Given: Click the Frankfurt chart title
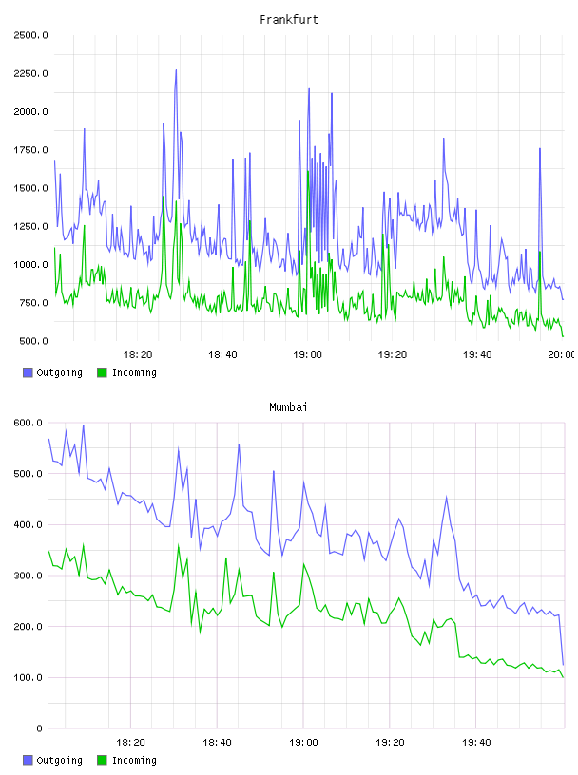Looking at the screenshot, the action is pyautogui.click(x=289, y=20).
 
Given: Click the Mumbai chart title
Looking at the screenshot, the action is pyautogui.click(x=288, y=407).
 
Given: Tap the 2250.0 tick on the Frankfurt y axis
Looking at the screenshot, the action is pyautogui.click(x=30, y=74).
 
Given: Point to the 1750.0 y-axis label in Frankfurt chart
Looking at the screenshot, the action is pyautogui.click(x=30, y=150).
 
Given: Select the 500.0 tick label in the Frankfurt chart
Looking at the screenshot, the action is pyautogui.click(x=33, y=341).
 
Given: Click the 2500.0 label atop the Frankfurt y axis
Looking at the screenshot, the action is pyautogui.click(x=30, y=35).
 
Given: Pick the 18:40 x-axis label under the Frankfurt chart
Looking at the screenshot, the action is pyautogui.click(x=222, y=355).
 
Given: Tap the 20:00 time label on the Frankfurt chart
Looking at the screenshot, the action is pyautogui.click(x=562, y=355).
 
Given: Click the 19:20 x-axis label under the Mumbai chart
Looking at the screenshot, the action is pyautogui.click(x=390, y=743).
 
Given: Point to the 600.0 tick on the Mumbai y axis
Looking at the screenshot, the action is pyautogui.click(x=29, y=423).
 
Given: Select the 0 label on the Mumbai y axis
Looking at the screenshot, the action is pyautogui.click(x=40, y=728).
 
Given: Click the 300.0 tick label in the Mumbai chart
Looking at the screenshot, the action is pyautogui.click(x=29, y=576).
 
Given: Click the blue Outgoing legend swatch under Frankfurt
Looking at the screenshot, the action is pyautogui.click(x=28, y=372).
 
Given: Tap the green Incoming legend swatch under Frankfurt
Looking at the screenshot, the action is pyautogui.click(x=102, y=372).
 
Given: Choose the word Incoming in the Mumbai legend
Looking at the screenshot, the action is pyautogui.click(x=134, y=760).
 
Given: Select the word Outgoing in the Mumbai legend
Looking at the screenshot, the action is pyautogui.click(x=59, y=760).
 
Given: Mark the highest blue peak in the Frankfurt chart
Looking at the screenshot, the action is pyautogui.click(x=176, y=70).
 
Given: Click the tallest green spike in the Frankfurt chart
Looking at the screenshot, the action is pyautogui.click(x=308, y=172).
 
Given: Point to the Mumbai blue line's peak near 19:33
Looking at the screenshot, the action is pyautogui.click(x=447, y=497).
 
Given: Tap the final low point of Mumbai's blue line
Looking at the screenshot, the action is pyautogui.click(x=563, y=664).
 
